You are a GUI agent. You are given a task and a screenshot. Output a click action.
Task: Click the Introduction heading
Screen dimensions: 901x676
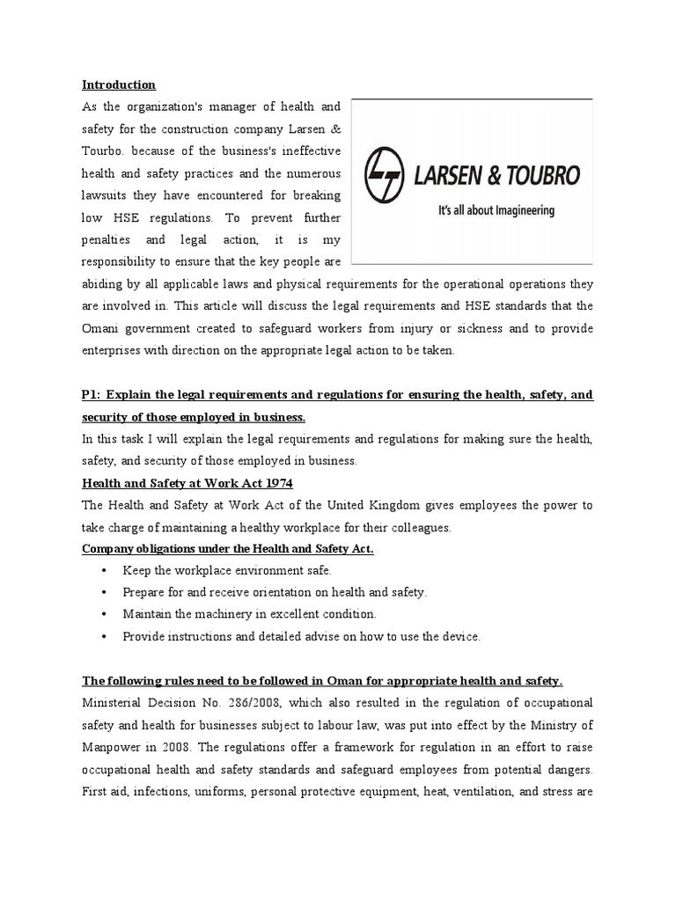click(119, 85)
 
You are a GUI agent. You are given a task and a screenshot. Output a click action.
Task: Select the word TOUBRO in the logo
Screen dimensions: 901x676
click(542, 175)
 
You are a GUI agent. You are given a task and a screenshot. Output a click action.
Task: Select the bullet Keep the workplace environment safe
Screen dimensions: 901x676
click(227, 571)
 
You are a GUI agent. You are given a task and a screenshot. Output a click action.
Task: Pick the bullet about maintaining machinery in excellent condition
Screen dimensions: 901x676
click(249, 614)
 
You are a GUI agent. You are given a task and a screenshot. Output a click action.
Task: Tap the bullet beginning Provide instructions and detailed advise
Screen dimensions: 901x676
click(301, 636)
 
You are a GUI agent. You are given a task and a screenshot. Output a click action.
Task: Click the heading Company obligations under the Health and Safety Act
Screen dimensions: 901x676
click(228, 549)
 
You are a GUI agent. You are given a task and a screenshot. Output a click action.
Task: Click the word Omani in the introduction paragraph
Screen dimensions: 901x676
click(101, 328)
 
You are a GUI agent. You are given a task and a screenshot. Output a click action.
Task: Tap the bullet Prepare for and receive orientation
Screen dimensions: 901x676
click(275, 593)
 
